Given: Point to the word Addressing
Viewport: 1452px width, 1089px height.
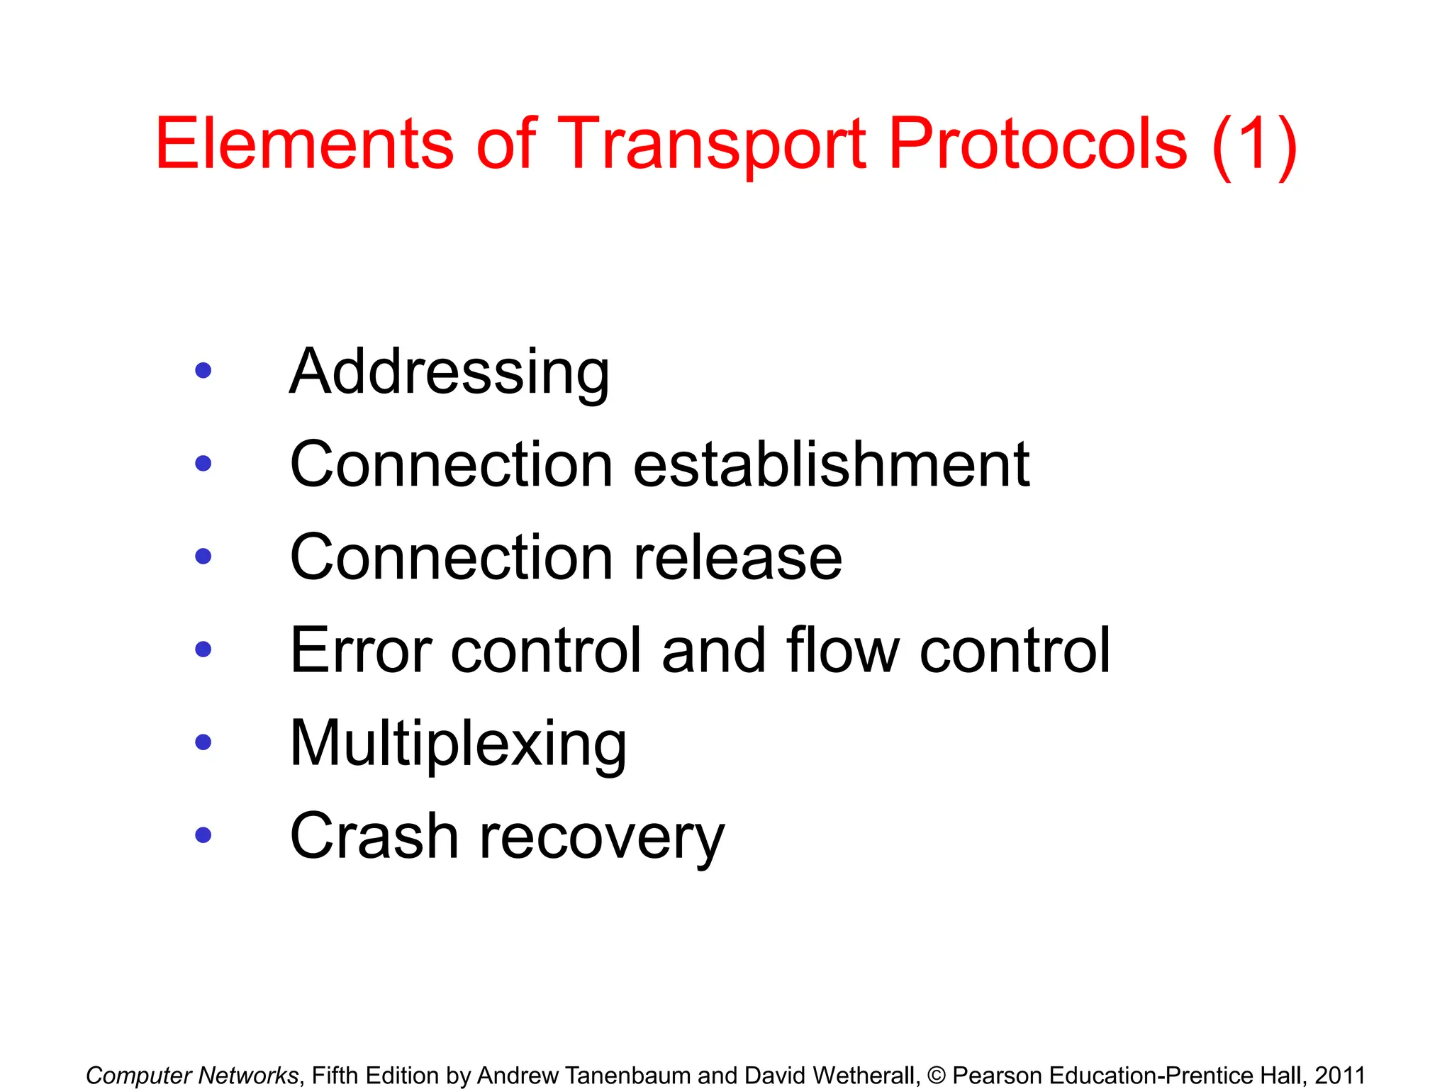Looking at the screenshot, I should pyautogui.click(x=449, y=373).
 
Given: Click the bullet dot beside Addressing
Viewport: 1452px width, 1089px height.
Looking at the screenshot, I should pyautogui.click(x=203, y=370).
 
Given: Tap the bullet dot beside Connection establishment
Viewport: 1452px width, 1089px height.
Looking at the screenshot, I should pyautogui.click(x=203, y=464).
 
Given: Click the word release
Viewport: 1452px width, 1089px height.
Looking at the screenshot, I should pyautogui.click(x=737, y=558).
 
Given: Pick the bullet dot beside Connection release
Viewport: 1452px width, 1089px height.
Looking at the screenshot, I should pyautogui.click(x=203, y=557).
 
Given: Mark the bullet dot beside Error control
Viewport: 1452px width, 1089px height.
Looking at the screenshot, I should pyautogui.click(x=203, y=649).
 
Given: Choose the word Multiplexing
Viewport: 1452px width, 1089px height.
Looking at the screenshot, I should pyautogui.click(x=458, y=744).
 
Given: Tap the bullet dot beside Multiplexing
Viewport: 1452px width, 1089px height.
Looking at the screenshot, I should pyautogui.click(x=203, y=742).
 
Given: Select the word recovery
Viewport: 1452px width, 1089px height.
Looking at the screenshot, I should pyautogui.click(x=602, y=839).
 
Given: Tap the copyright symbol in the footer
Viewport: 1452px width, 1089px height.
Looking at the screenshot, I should pyautogui.click(x=937, y=1076).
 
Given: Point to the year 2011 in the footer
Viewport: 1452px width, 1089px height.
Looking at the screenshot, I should pyautogui.click(x=1340, y=1076).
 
